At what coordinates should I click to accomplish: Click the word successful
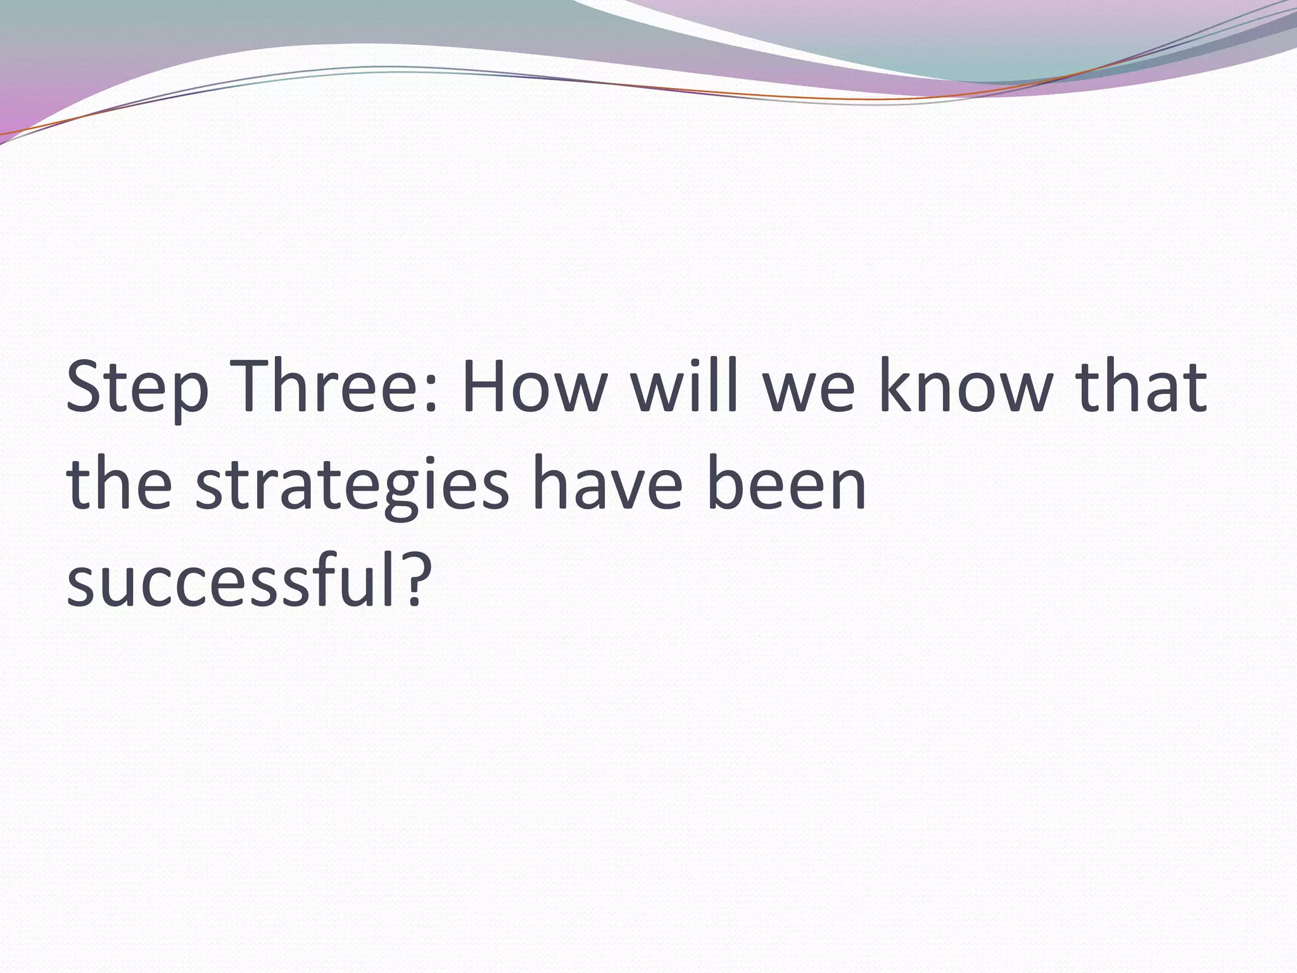234,580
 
